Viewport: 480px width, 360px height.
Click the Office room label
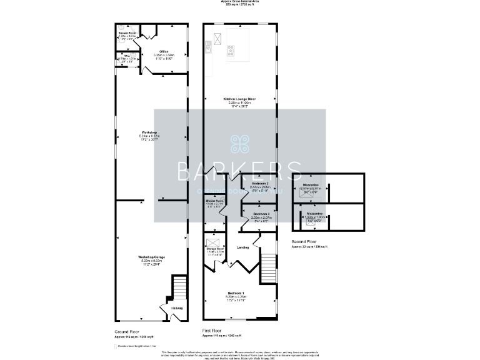click(164, 51)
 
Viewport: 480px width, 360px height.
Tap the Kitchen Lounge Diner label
click(240, 99)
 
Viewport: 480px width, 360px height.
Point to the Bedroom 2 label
click(259, 183)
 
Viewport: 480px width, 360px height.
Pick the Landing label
click(243, 247)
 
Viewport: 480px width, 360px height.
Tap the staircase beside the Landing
click(267, 266)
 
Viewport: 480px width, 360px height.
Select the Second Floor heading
click(304, 241)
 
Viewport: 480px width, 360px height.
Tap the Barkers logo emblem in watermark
click(240, 144)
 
